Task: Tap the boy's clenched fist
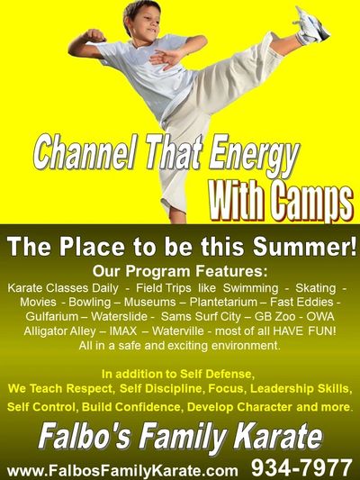click(x=95, y=35)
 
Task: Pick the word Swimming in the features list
click(x=250, y=288)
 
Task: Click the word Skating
click(x=315, y=288)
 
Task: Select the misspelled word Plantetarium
click(x=223, y=303)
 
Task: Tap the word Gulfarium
click(x=51, y=316)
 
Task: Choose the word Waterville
click(x=177, y=331)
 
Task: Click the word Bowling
click(x=90, y=303)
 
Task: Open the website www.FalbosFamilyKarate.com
click(x=122, y=470)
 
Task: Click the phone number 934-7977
click(x=301, y=467)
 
